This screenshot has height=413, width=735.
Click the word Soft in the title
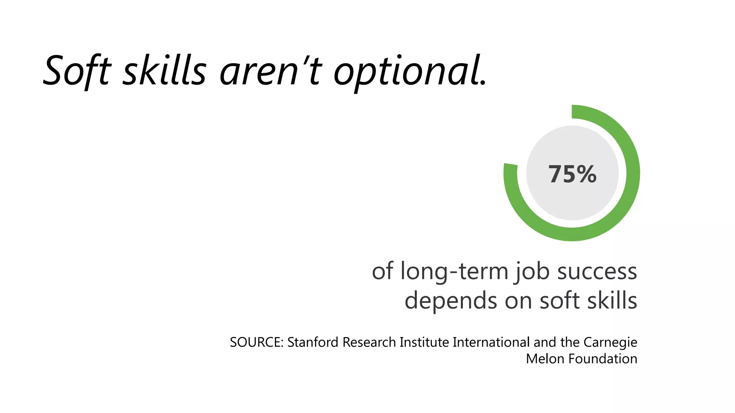(77, 71)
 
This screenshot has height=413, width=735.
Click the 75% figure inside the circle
(572, 174)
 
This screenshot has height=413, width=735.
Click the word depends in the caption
(451, 301)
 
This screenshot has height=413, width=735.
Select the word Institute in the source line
(424, 342)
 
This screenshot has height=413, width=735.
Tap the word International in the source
(491, 342)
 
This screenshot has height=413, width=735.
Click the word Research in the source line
(369, 342)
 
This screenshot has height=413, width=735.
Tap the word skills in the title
(165, 71)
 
